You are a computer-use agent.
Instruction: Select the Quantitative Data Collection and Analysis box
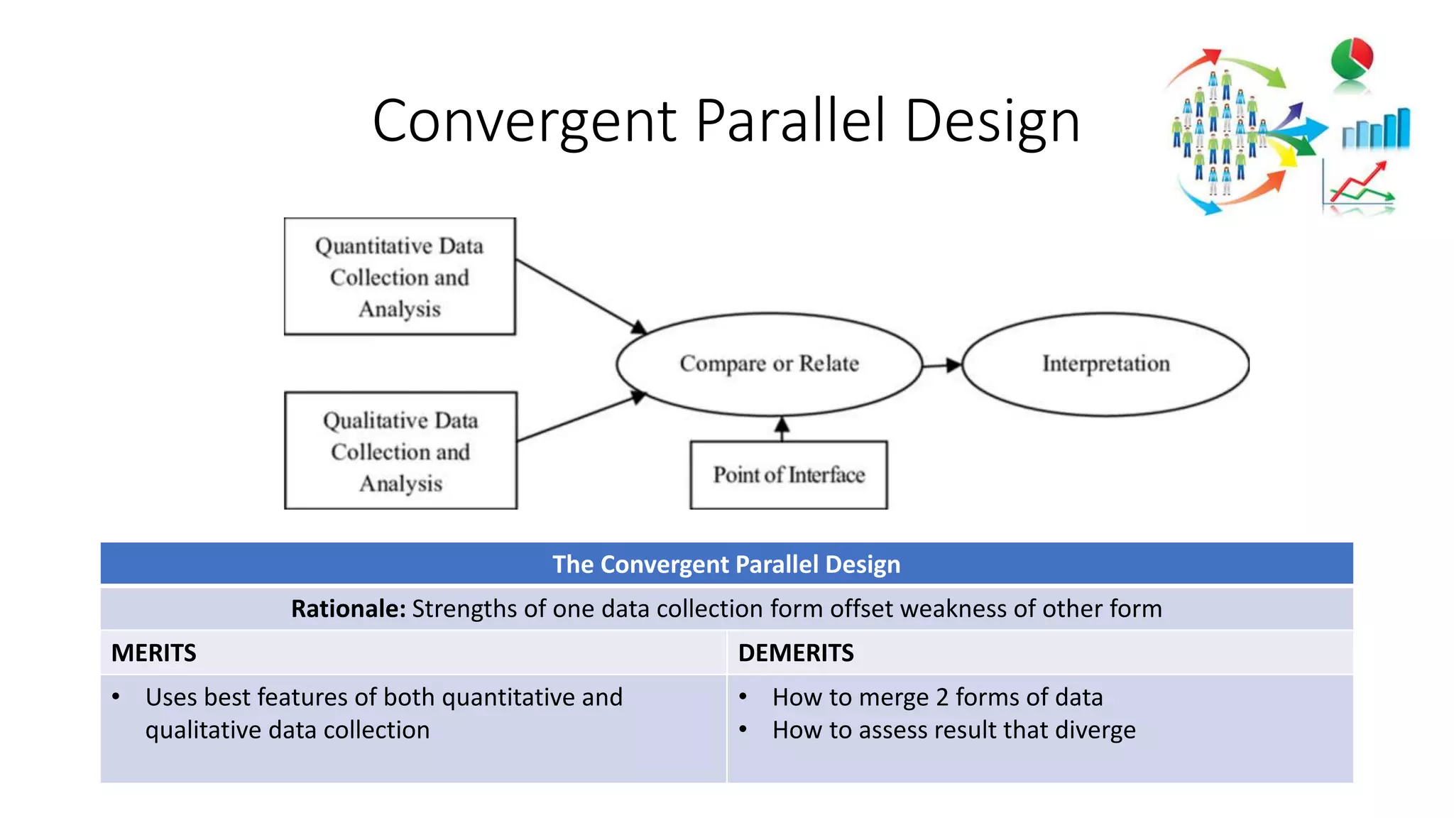[x=400, y=276]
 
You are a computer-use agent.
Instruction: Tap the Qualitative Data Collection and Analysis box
[x=400, y=451]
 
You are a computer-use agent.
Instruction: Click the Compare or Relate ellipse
[x=769, y=364]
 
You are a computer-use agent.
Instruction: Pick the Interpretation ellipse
[x=1105, y=364]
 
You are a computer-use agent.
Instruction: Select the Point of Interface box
[x=788, y=474]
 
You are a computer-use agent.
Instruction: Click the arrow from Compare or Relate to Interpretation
[x=943, y=365]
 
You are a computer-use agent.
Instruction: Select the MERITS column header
[x=154, y=653]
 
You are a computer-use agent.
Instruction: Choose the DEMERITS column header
[x=796, y=653]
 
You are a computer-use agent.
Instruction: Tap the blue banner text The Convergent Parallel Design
[x=726, y=565]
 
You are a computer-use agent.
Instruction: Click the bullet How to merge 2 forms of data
[x=937, y=697]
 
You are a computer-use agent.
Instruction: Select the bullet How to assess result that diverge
[x=953, y=730]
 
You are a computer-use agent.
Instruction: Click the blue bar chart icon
[x=1375, y=129]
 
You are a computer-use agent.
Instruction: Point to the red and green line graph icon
[x=1360, y=186]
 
